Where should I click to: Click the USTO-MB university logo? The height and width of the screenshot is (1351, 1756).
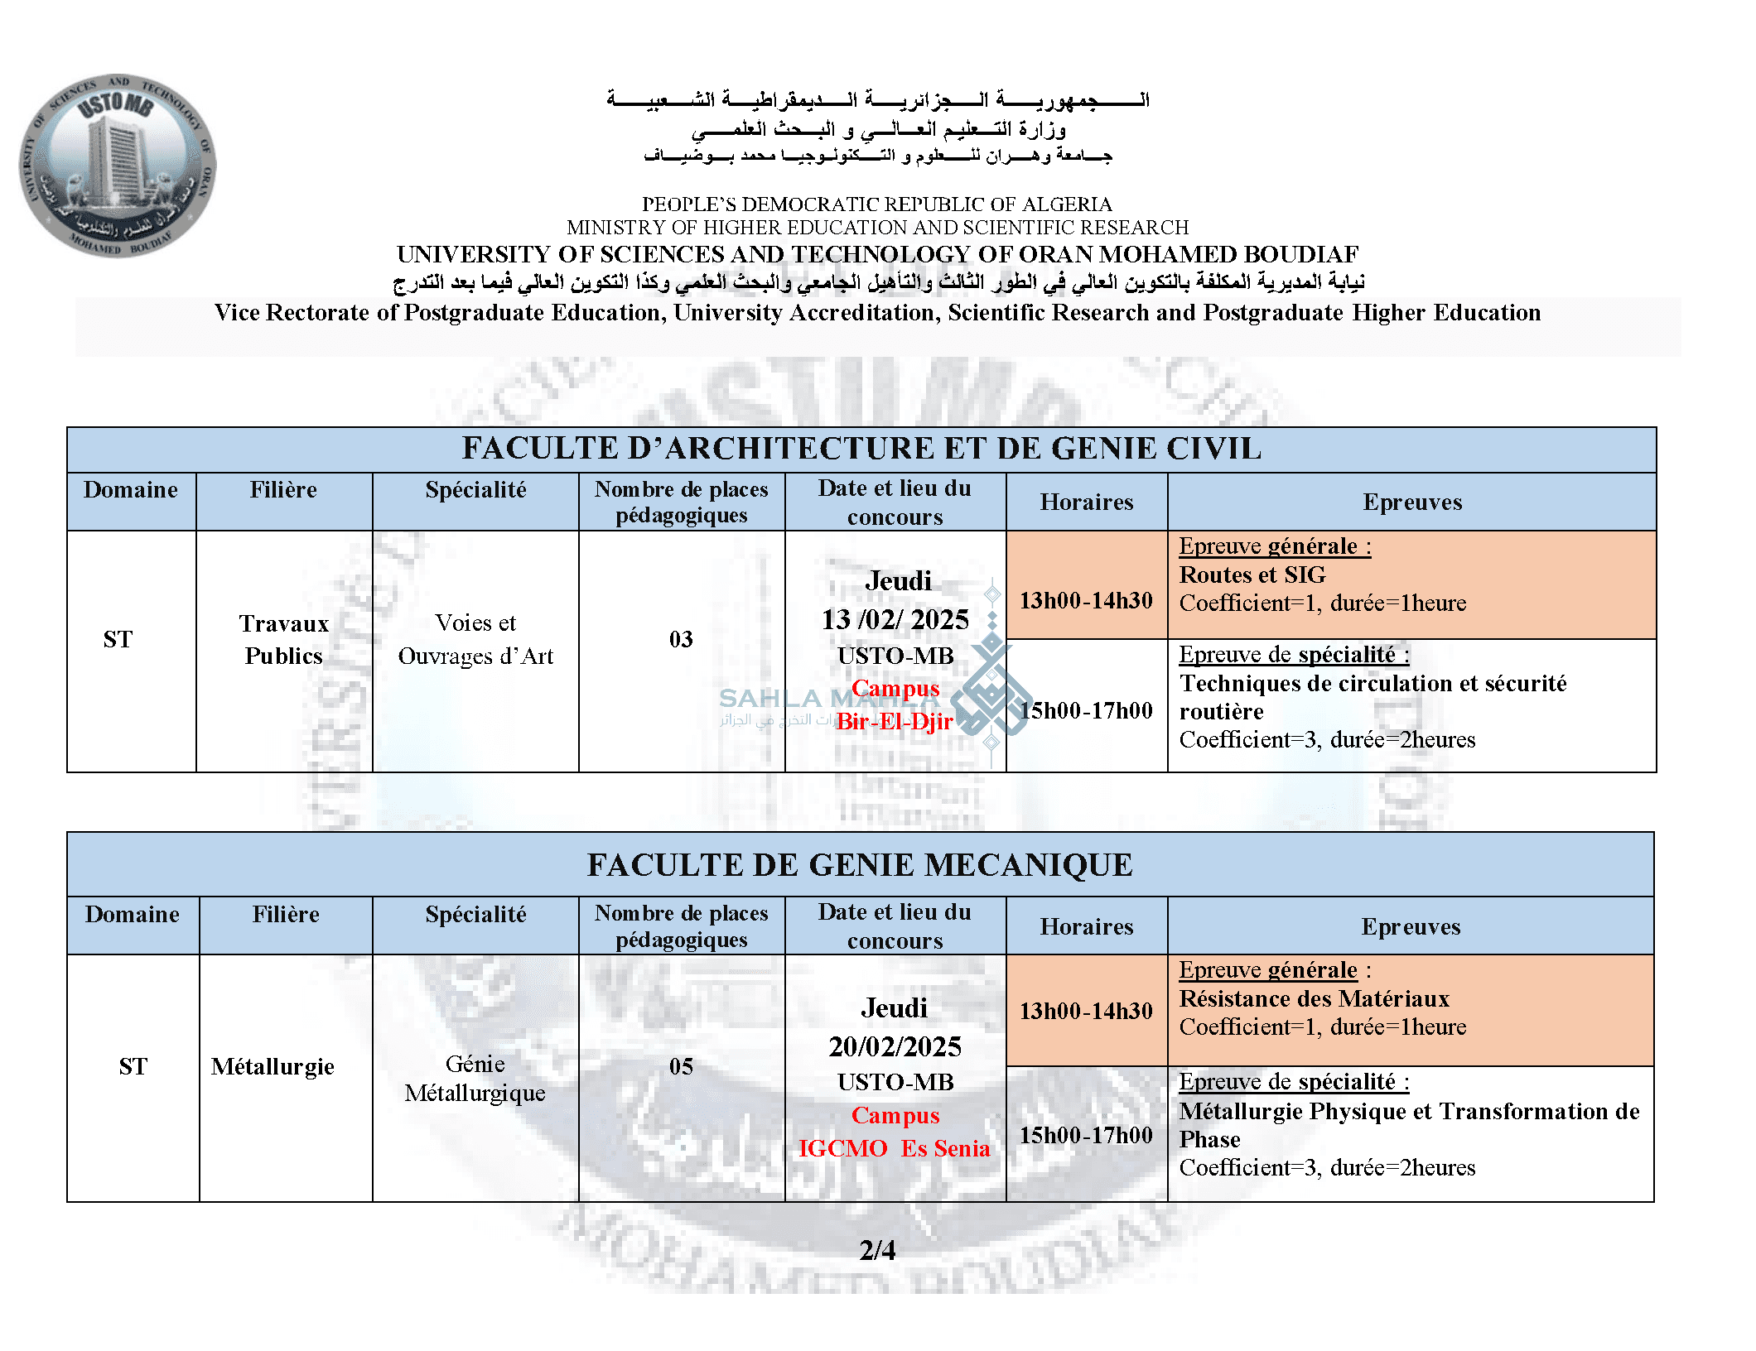(x=118, y=165)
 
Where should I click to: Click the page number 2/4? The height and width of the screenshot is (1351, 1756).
(x=877, y=1249)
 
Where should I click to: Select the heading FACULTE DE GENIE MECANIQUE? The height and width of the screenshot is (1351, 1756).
(x=860, y=865)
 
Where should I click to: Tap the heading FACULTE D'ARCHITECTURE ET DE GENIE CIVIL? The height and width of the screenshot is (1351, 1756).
(x=861, y=449)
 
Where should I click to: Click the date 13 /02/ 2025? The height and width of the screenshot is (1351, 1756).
(x=895, y=619)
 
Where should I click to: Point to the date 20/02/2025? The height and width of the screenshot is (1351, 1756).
(x=895, y=1046)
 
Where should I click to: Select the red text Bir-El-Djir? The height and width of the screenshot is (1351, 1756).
(x=895, y=721)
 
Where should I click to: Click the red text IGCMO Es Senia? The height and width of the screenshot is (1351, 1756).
(x=895, y=1148)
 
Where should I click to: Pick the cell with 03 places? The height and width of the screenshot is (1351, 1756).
(x=681, y=639)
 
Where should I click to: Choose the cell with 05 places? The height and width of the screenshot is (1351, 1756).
(x=681, y=1066)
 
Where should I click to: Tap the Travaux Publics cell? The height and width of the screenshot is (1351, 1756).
(x=283, y=639)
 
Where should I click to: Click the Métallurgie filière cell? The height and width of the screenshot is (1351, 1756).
(x=273, y=1066)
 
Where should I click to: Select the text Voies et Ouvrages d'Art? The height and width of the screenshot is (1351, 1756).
(x=475, y=639)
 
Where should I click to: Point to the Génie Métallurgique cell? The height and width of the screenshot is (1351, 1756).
(x=475, y=1078)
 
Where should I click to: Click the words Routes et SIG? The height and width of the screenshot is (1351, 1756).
(x=1252, y=575)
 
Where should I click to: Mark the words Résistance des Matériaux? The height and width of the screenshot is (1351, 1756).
(x=1314, y=998)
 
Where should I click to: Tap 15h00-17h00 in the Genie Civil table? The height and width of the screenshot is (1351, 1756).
(x=1086, y=710)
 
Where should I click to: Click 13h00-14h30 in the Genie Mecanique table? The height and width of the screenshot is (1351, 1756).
(x=1086, y=1011)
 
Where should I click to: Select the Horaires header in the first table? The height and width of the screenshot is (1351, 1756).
(x=1086, y=502)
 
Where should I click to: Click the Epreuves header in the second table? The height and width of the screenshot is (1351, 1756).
(x=1411, y=926)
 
